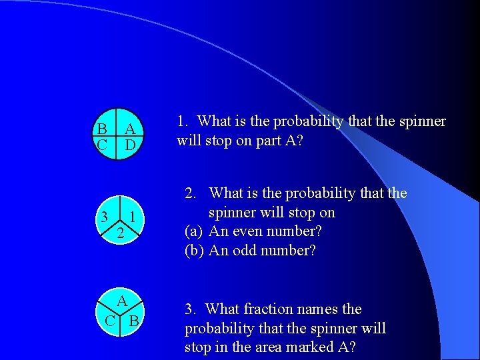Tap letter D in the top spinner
click(131, 144)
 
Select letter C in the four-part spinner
click(102, 144)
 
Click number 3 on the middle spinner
click(105, 216)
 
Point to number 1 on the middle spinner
click(133, 216)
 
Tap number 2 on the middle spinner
click(119, 234)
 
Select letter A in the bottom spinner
click(122, 301)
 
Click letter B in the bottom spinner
click(133, 321)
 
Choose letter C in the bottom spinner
click(110, 321)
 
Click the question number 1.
click(183, 121)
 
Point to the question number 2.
click(191, 193)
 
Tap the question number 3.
click(191, 309)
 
